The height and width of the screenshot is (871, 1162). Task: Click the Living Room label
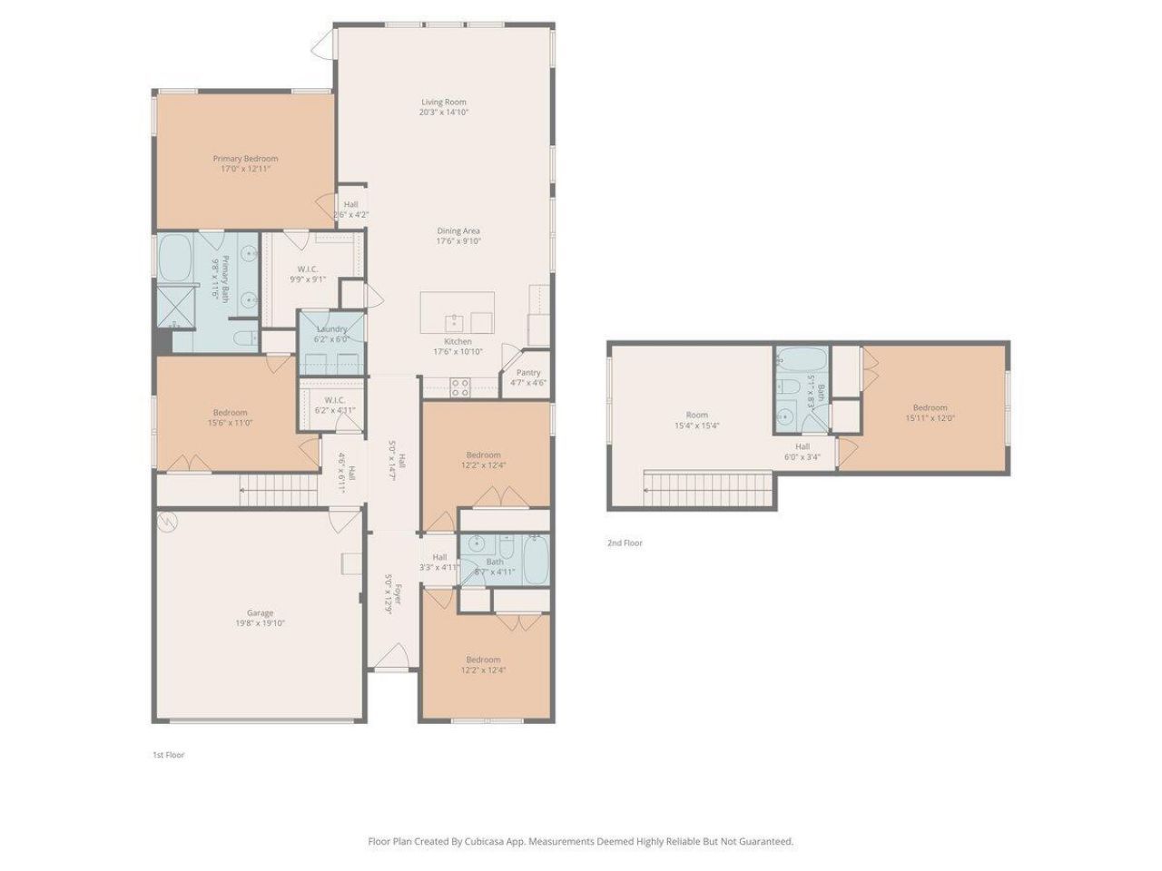[x=443, y=103]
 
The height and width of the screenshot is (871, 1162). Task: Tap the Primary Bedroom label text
[x=245, y=159]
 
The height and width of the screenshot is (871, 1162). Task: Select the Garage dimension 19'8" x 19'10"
[x=260, y=623]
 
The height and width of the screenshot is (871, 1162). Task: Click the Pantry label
[x=528, y=372]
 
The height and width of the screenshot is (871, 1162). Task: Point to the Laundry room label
[x=332, y=329]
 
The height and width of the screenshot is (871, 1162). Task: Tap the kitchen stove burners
[x=460, y=388]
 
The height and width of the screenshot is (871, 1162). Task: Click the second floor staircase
[x=708, y=489]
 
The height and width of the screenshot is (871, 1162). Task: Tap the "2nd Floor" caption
[x=625, y=543]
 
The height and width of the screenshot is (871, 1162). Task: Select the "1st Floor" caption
[x=168, y=755]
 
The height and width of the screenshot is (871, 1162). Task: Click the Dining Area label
[x=458, y=230]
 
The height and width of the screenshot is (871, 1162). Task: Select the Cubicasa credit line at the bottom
[x=580, y=841]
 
